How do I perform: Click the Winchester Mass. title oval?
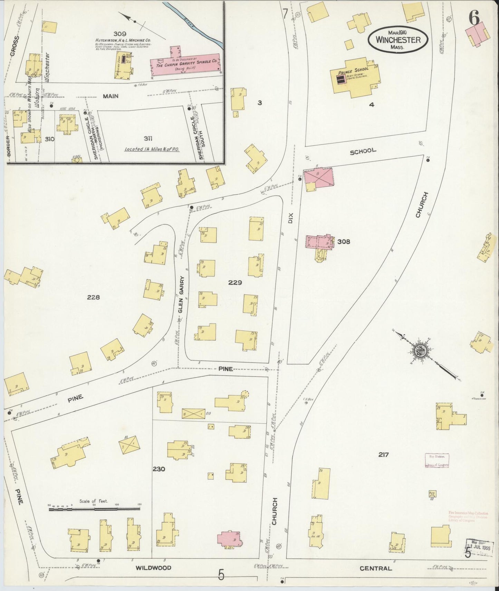(398, 40)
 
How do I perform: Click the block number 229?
(235, 283)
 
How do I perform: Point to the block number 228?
(93, 297)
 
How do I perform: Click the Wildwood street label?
(153, 568)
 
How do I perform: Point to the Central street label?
(375, 568)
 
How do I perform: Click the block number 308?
(344, 241)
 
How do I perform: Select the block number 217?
(383, 455)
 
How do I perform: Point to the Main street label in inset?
(111, 96)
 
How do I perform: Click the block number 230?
(159, 469)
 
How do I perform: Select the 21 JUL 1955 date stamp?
(479, 548)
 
